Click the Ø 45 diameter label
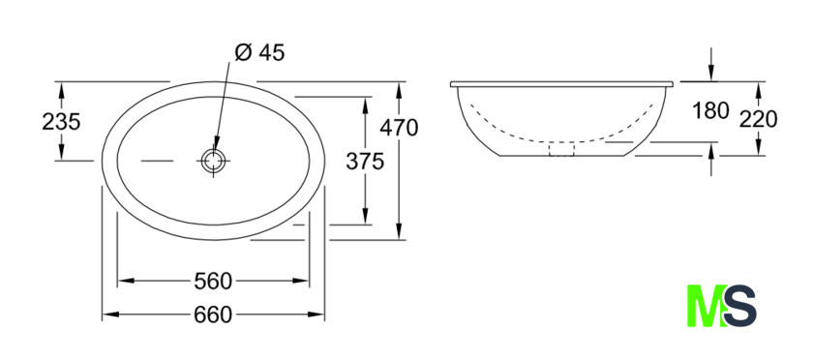pyautogui.click(x=259, y=52)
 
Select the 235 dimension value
pyautogui.click(x=61, y=122)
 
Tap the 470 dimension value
pyautogui.click(x=399, y=128)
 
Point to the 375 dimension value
pyautogui.click(x=365, y=162)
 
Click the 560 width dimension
pyautogui.click(x=213, y=282)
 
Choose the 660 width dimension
pyautogui.click(x=213, y=315)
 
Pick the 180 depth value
pyautogui.click(x=710, y=110)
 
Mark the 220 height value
pyautogui.click(x=758, y=120)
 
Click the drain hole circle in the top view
pyautogui.click(x=214, y=161)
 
